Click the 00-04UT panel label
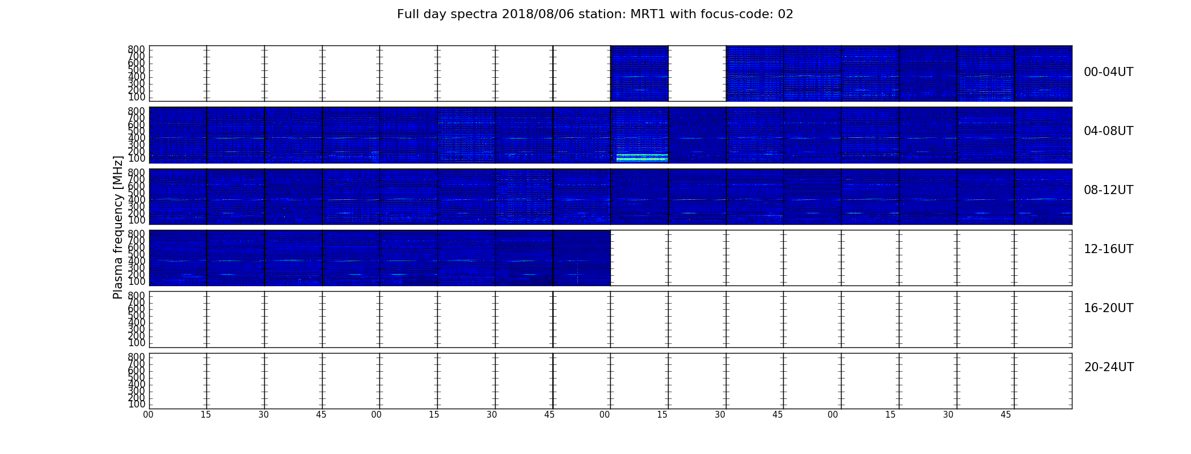(1108, 72)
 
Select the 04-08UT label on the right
(1108, 131)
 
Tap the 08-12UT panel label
(1108, 190)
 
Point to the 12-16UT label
(1108, 249)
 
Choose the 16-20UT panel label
(1108, 308)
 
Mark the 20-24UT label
(1109, 367)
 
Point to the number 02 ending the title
(785, 14)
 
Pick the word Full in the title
(408, 14)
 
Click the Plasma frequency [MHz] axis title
(118, 227)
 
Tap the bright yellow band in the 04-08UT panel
(642, 157)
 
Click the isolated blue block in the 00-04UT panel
(639, 73)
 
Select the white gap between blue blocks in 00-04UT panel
(697, 73)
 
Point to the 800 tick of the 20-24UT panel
(137, 357)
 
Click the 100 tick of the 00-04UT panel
(137, 97)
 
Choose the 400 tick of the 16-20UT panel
(137, 322)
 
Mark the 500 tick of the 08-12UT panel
(137, 193)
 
